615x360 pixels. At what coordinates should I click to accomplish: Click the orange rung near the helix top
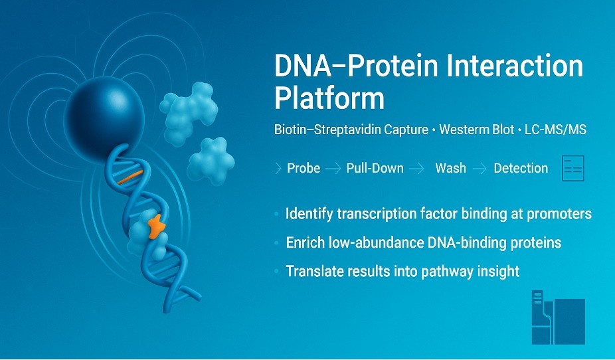tap(130, 177)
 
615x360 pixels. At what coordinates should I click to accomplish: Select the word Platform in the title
tap(329, 99)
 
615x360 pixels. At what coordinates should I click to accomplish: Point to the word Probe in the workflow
tap(304, 168)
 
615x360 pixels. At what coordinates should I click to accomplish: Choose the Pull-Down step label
tap(375, 168)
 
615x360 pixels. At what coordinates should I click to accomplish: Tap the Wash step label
tap(451, 168)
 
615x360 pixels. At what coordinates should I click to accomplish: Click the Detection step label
tap(521, 168)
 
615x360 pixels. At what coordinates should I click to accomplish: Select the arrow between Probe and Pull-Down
tap(333, 169)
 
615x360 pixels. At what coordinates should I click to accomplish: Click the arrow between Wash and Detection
tap(480, 169)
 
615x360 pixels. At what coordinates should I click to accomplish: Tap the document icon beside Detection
tap(573, 168)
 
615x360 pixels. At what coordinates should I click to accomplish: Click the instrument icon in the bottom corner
tap(558, 317)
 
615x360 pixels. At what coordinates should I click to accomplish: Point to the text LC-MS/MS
tap(555, 130)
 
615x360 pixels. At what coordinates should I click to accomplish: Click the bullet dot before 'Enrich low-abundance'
tap(277, 242)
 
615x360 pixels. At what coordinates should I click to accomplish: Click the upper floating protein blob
tap(189, 112)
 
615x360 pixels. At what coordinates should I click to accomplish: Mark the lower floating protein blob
tap(211, 161)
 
